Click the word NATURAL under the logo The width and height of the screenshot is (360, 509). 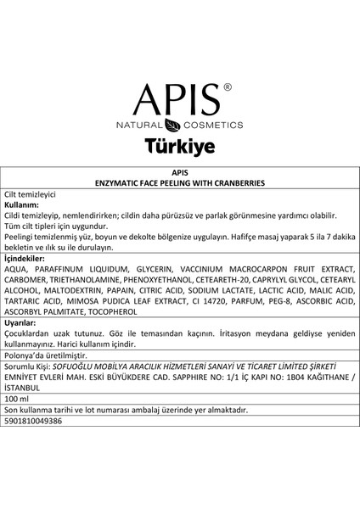tap(140, 124)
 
